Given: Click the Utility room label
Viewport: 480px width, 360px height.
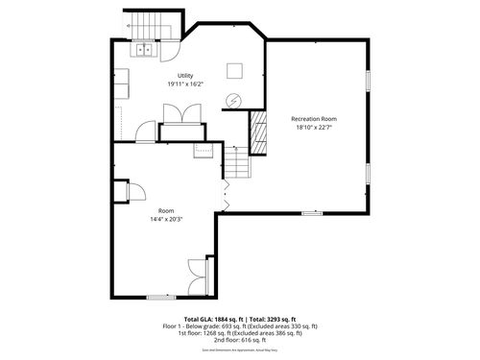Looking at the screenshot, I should tap(185, 76).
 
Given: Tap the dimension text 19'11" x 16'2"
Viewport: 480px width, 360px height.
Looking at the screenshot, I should tap(185, 84).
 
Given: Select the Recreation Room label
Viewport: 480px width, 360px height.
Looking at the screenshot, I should tap(315, 119).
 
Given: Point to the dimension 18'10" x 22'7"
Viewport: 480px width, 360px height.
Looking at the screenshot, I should tap(315, 127).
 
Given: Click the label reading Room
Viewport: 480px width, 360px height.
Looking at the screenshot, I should tap(165, 211).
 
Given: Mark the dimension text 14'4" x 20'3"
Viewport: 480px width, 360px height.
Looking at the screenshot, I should tap(165, 219).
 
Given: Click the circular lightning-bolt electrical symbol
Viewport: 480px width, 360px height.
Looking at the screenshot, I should tap(233, 100).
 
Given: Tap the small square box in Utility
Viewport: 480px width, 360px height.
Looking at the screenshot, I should tap(233, 70).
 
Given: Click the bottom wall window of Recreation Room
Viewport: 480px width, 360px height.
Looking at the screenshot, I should tap(311, 213).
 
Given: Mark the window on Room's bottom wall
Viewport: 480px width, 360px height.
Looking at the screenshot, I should tap(160, 298).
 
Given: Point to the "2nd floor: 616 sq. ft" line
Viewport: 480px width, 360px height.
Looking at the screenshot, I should tap(240, 340).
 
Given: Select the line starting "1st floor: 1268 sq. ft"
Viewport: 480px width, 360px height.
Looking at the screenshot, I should tap(240, 333).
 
